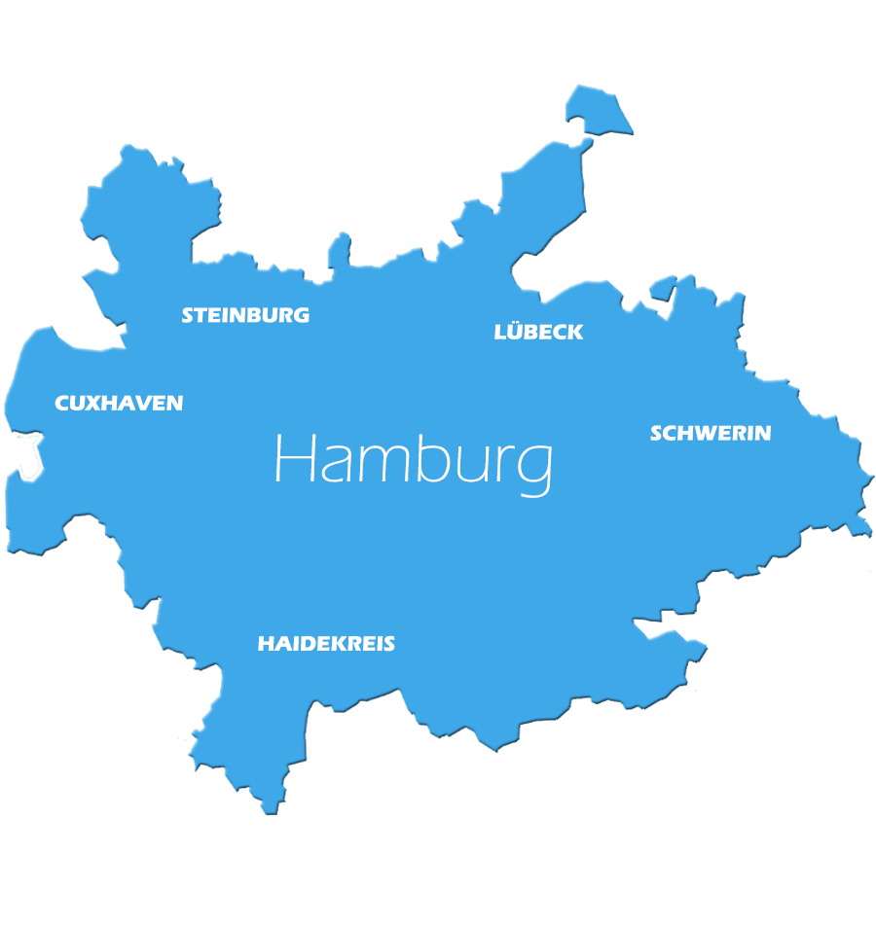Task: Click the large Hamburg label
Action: click(414, 460)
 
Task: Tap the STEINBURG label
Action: click(245, 315)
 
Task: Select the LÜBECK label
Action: click(538, 332)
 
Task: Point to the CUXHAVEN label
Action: click(119, 403)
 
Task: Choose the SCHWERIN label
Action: click(711, 433)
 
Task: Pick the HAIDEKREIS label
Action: click(326, 644)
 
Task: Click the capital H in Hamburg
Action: click(294, 458)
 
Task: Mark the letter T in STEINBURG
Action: click(201, 315)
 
